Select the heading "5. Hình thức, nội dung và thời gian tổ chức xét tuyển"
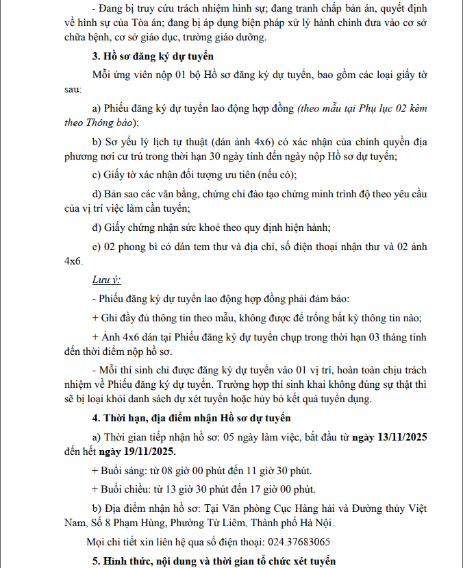[214, 561]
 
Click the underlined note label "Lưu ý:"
[106, 281]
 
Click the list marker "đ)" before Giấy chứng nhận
[97, 227]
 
